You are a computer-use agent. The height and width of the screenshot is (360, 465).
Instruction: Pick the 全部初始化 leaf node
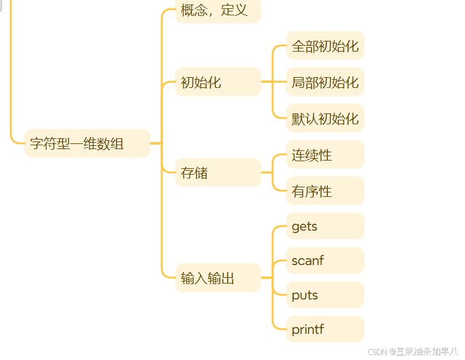point(325,46)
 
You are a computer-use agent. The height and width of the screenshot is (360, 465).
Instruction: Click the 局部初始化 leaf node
point(325,82)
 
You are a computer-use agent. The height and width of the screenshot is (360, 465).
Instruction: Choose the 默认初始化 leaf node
point(325,119)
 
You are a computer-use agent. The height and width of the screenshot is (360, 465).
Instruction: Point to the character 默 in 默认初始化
point(298,119)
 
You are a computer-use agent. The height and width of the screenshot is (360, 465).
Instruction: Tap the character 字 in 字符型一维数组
point(36,143)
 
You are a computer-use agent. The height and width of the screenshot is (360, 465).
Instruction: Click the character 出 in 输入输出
point(228,278)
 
